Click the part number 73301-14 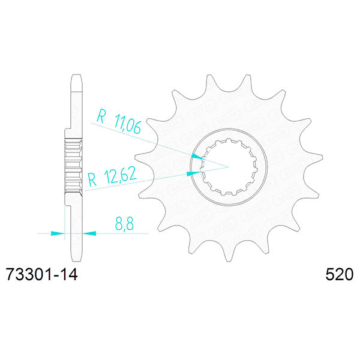click(x=41, y=275)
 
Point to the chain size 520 click(x=339, y=275)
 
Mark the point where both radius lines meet click(x=227, y=165)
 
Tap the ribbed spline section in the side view click(x=72, y=158)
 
